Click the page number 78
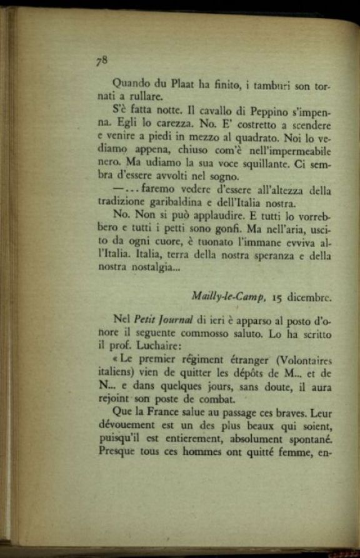pos(102,60)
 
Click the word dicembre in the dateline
pos(311,297)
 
